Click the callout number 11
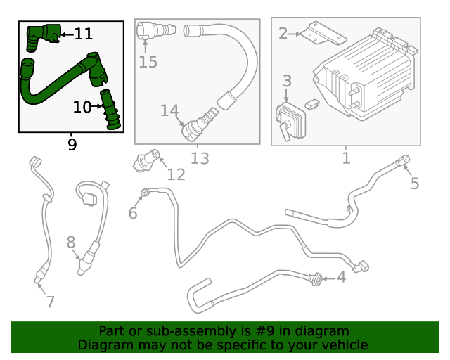click(x=83, y=34)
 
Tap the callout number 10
click(x=82, y=107)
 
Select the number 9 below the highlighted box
click(x=72, y=145)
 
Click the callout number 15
click(x=148, y=62)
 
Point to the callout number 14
click(x=169, y=111)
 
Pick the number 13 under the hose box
click(x=200, y=158)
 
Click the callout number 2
click(x=283, y=33)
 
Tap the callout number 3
click(x=287, y=82)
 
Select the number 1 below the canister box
click(x=345, y=158)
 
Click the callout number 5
click(x=415, y=184)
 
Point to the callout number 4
click(x=341, y=277)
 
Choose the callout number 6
click(x=133, y=213)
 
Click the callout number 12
click(x=176, y=174)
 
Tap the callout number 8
click(x=71, y=243)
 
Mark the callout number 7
click(x=50, y=302)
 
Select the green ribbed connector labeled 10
click(x=111, y=110)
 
